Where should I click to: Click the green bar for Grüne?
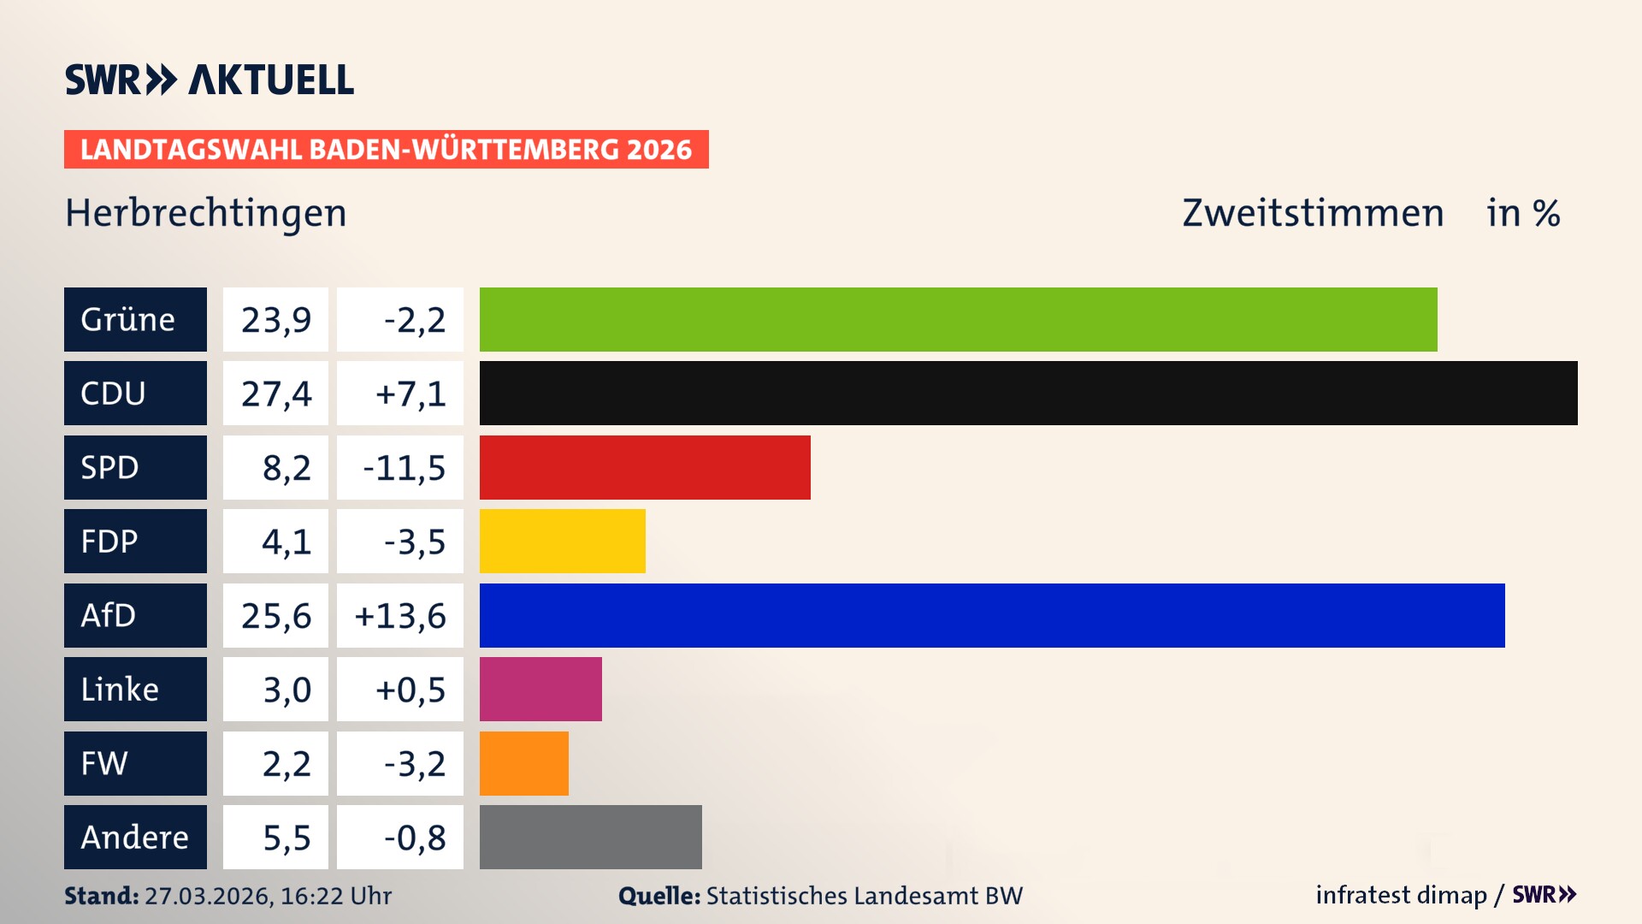tap(958, 319)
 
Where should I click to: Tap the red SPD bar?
tap(645, 467)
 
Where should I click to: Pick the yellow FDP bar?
tap(562, 542)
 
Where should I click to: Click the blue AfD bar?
tap(992, 615)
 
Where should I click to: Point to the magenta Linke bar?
tap(540, 690)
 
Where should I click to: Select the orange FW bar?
tap(523, 763)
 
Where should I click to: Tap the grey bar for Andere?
tap(590, 837)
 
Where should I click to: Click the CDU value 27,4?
tap(275, 394)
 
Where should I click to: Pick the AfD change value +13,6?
tap(400, 615)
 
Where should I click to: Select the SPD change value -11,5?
tap(404, 467)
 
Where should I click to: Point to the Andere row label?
tap(135, 837)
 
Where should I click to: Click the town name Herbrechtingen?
tap(206, 213)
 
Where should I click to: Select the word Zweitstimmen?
tap(1313, 213)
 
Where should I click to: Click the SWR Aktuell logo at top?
tap(210, 80)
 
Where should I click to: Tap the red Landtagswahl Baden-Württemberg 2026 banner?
tap(386, 150)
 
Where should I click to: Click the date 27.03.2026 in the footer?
tap(209, 896)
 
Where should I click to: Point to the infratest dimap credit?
tap(1401, 895)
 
